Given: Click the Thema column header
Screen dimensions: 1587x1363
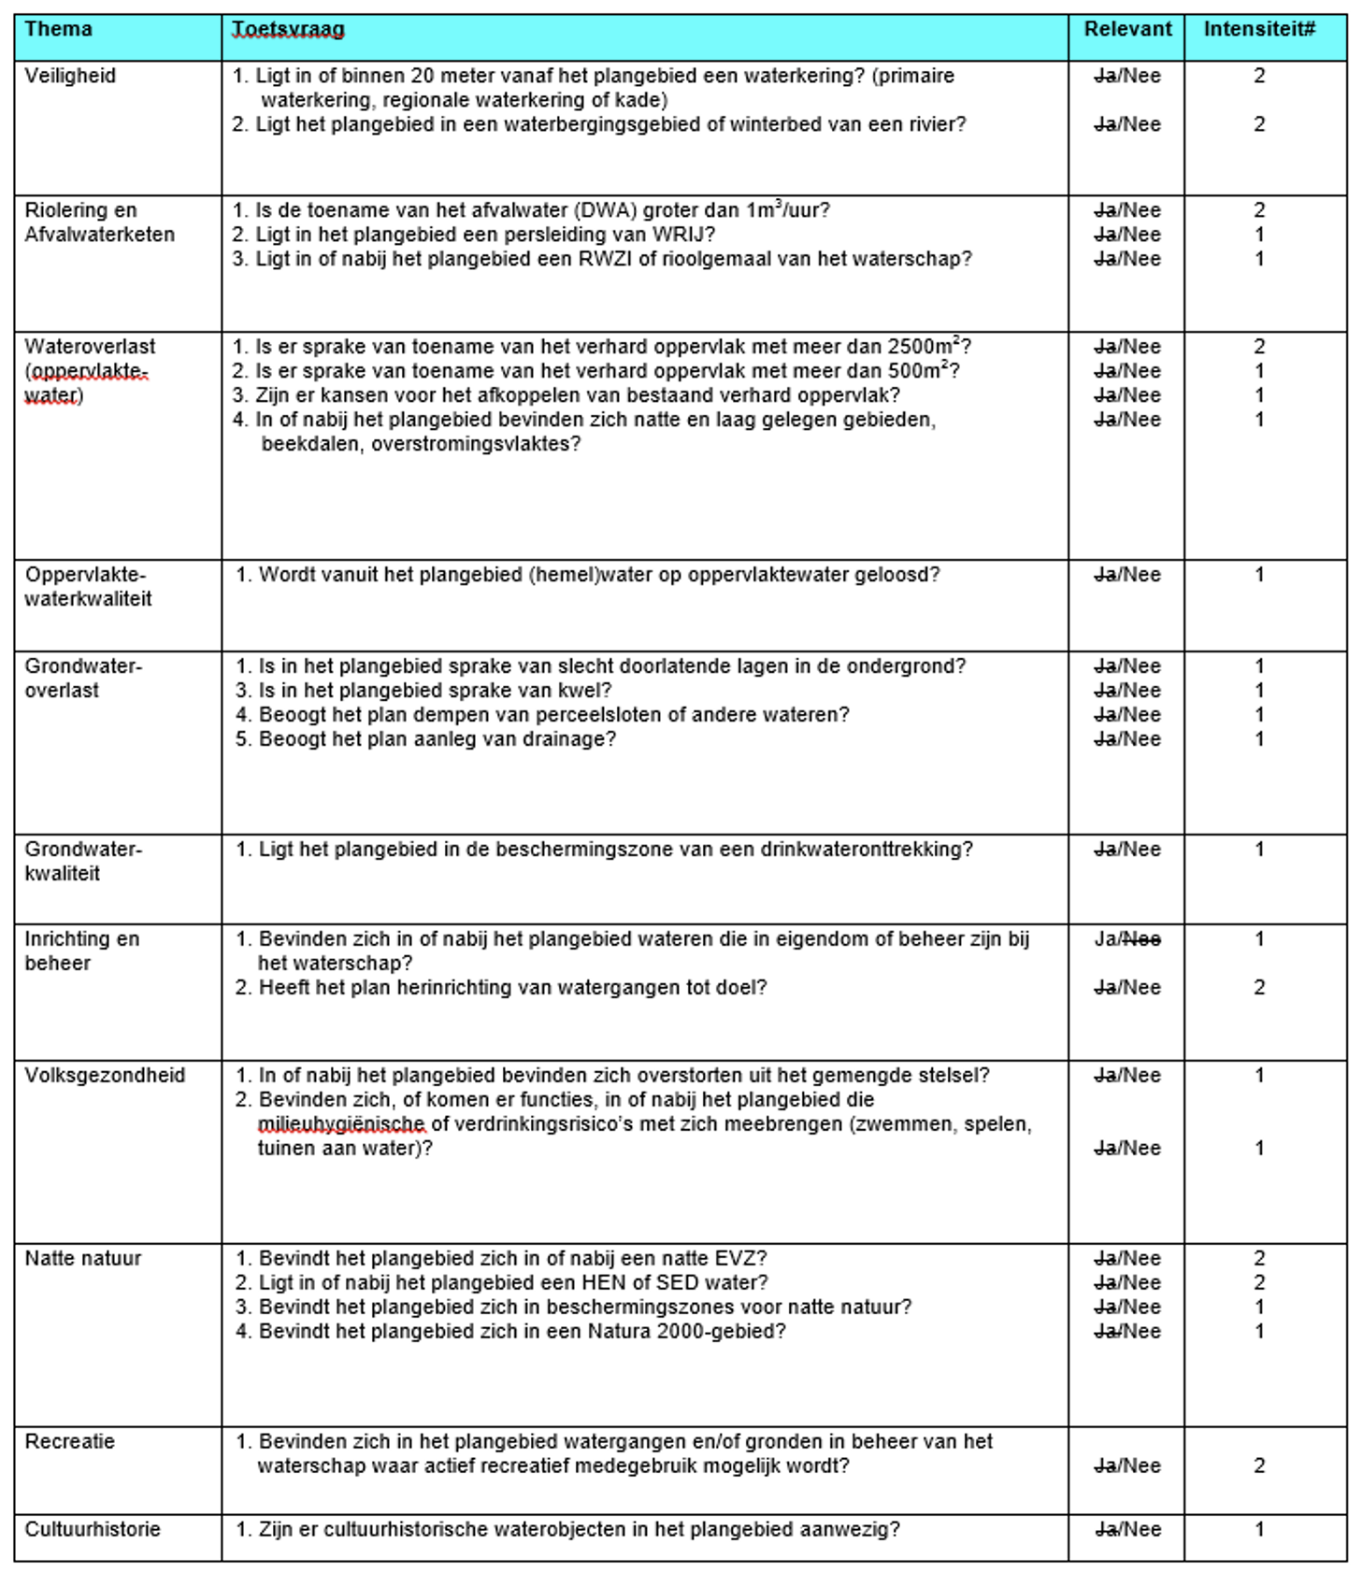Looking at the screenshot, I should click(58, 29).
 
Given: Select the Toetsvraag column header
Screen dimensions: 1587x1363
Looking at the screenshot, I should click(288, 30).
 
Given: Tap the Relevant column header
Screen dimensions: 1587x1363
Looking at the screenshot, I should click(1127, 29).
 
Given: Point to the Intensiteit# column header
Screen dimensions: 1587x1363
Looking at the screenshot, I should click(1259, 29).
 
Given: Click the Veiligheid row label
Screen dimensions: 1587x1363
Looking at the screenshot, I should click(70, 76).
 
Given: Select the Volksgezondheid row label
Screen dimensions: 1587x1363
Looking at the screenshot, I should click(105, 1075).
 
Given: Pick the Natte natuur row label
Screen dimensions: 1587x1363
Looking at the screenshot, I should click(82, 1258).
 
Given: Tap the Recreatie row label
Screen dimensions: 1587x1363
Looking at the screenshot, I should click(69, 1441).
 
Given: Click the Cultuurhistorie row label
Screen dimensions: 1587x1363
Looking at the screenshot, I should click(93, 1529).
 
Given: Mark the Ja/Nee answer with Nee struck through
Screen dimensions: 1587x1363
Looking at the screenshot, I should click(1127, 939).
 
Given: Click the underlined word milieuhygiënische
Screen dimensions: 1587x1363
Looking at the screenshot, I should click(341, 1124).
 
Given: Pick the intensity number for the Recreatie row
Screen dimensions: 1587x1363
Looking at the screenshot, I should click(1259, 1465).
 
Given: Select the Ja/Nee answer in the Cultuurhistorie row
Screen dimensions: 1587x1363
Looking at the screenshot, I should click(1127, 1529).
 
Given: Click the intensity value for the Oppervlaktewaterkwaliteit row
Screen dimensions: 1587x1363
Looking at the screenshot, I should click(1259, 575).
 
